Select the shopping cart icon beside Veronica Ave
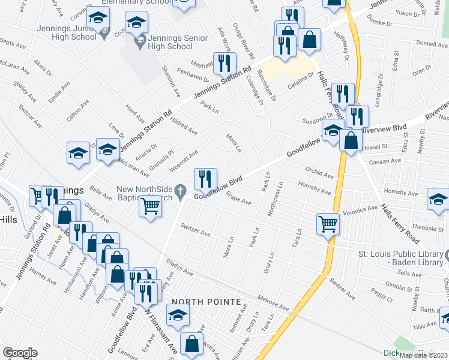[328, 224]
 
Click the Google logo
[20, 353]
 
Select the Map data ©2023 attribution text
[424, 355]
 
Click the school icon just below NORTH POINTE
[178, 314]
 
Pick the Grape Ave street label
[239, 197]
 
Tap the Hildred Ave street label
[184, 125]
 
